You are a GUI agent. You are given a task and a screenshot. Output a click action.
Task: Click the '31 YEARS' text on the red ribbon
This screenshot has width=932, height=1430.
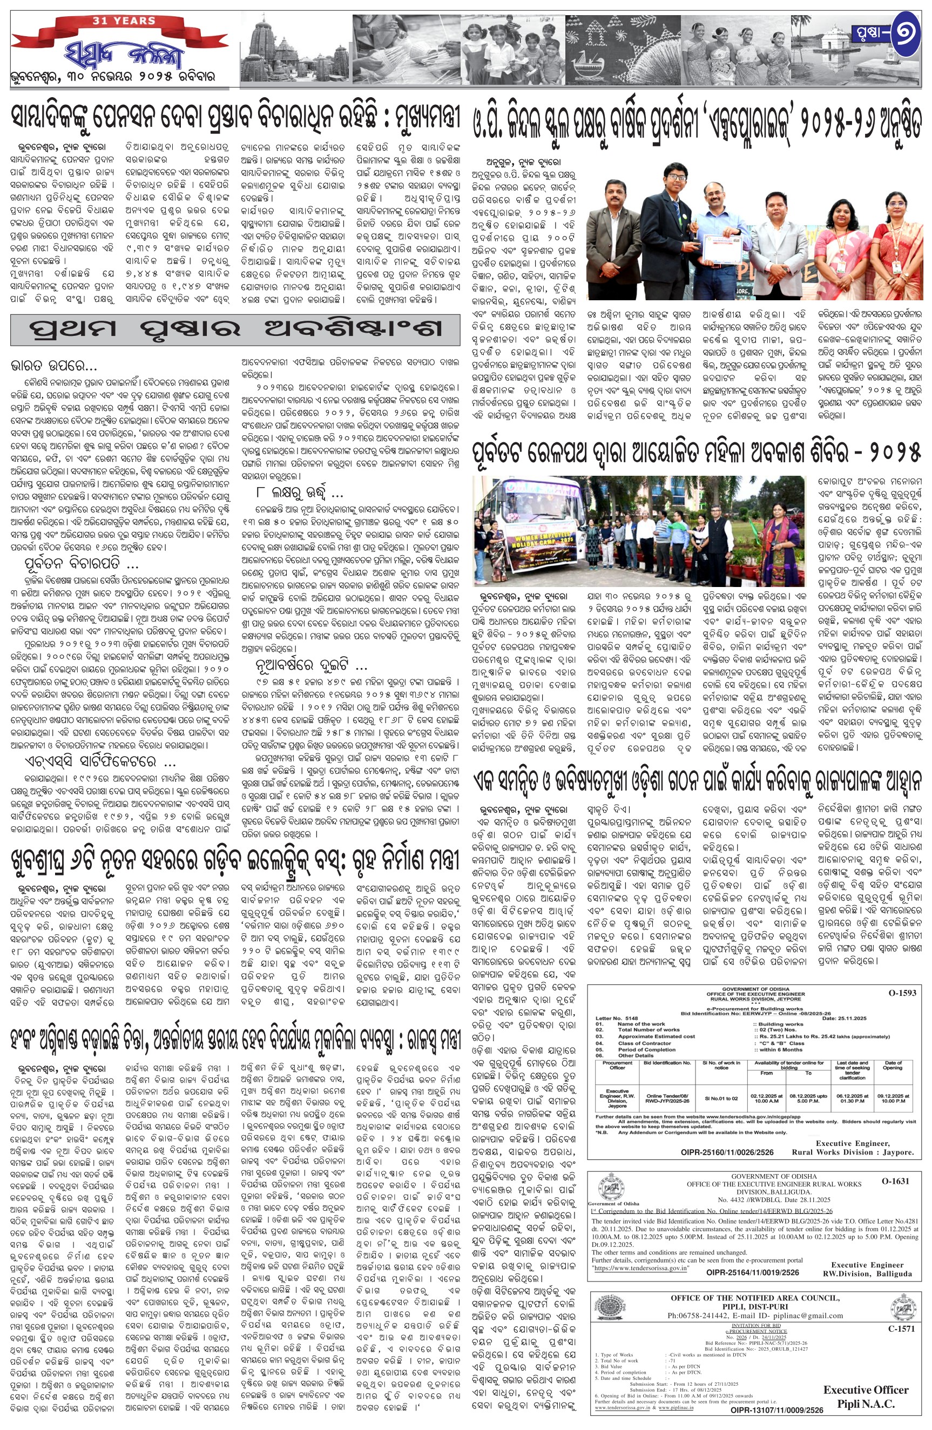124,21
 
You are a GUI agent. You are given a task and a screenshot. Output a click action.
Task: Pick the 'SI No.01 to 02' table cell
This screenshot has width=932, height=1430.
721,1098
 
